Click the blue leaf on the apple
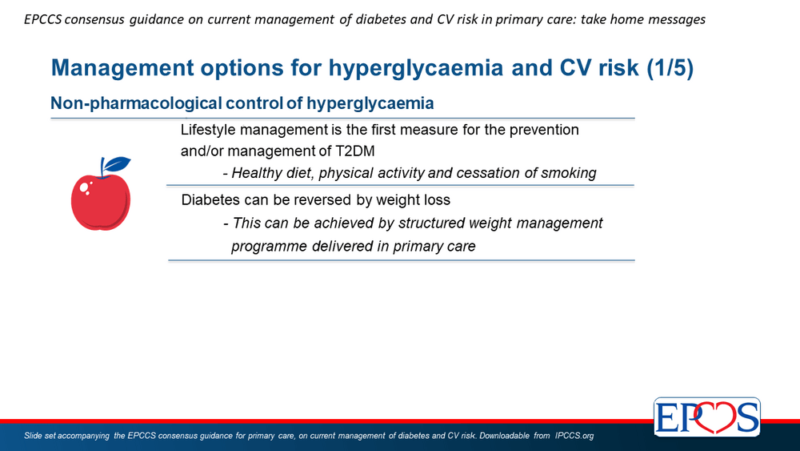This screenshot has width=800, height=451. tap(117, 164)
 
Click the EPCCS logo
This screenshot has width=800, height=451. tap(706, 417)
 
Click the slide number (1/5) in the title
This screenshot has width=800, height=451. tap(670, 68)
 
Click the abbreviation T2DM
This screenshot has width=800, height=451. tap(354, 151)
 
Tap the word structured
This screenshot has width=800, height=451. tap(430, 223)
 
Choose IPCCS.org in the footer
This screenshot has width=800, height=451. tap(574, 436)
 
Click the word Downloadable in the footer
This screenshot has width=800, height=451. tap(504, 436)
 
